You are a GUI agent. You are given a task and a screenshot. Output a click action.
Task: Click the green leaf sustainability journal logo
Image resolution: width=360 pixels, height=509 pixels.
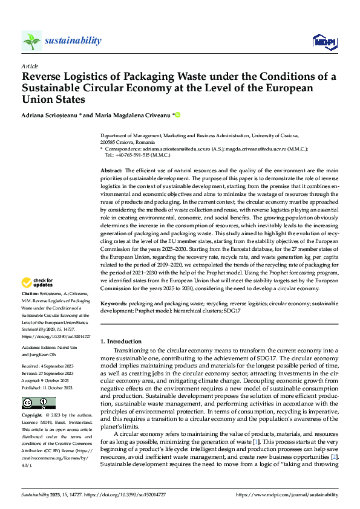tap(31, 41)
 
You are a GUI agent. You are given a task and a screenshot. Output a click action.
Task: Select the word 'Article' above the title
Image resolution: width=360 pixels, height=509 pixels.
tap(30, 65)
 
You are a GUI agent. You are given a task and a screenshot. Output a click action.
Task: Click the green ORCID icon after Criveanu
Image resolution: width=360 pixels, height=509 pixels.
tap(178, 114)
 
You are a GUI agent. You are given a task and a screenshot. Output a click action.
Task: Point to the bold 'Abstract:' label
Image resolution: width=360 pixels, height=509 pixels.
tap(111, 171)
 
